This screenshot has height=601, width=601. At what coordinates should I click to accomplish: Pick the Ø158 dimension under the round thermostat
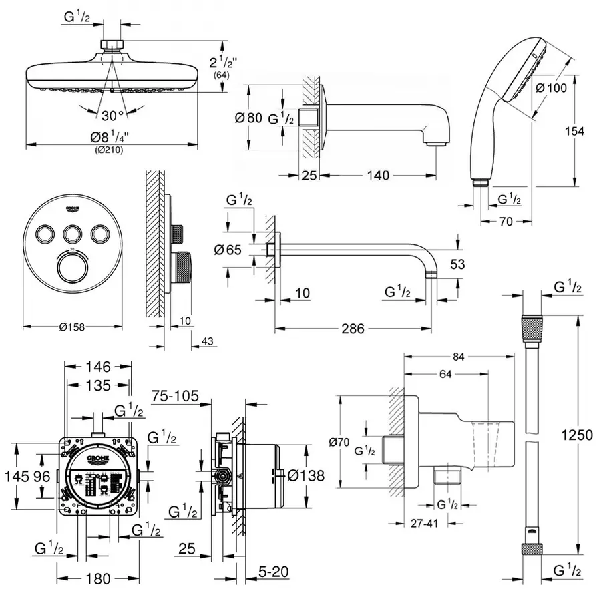point(73,327)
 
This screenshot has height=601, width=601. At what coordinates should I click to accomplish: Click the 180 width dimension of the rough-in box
point(99,578)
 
